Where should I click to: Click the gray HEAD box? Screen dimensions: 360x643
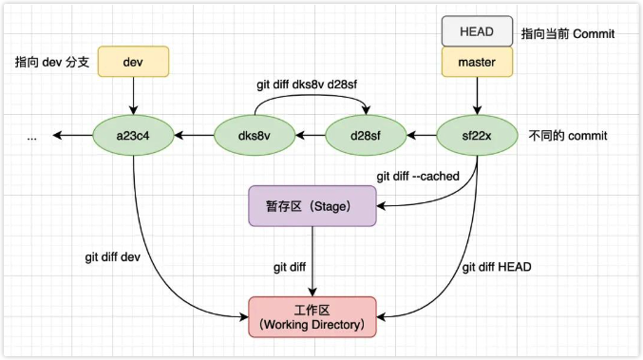pyautogui.click(x=476, y=31)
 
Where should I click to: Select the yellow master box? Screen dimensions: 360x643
pyautogui.click(x=476, y=63)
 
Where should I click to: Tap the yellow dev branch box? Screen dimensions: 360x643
pyautogui.click(x=133, y=62)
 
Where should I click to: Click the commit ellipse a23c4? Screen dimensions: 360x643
pyautogui.click(x=133, y=136)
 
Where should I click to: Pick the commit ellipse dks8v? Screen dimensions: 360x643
pyautogui.click(x=255, y=136)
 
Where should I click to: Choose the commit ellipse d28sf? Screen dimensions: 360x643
pyautogui.click(x=365, y=136)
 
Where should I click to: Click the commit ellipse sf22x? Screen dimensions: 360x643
pyautogui.click(x=476, y=136)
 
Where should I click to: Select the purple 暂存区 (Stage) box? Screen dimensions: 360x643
pyautogui.click(x=312, y=206)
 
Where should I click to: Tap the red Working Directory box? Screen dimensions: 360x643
pyautogui.click(x=312, y=317)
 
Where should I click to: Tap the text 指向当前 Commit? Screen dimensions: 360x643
pyautogui.click(x=568, y=33)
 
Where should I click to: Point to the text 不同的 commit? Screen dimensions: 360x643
pyautogui.click(x=567, y=136)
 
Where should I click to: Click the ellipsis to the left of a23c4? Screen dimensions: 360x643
pyautogui.click(x=32, y=137)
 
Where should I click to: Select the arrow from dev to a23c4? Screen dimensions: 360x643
pyautogui.click(x=133, y=96)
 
